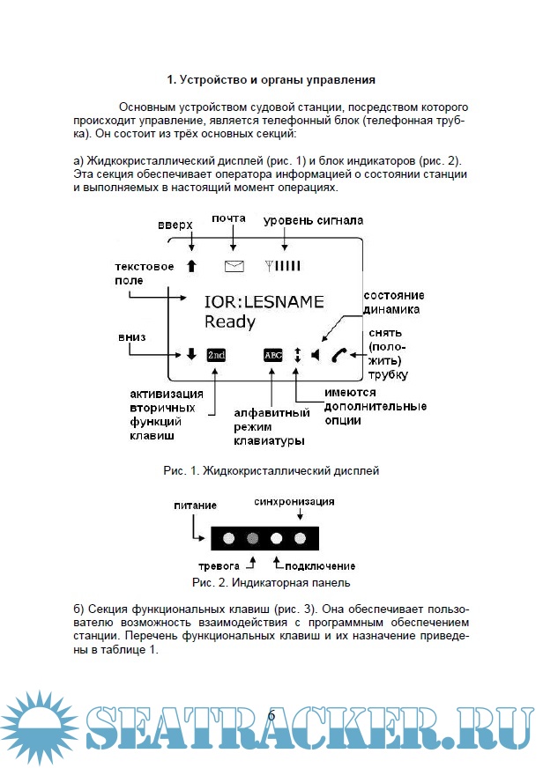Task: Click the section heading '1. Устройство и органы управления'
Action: tap(271, 80)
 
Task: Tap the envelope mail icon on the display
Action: tap(234, 264)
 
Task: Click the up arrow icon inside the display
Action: tap(191, 264)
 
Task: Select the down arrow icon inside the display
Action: tap(191, 355)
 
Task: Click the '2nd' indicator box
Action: tap(216, 355)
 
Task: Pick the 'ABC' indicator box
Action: tap(272, 355)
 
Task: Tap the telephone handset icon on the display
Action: tap(338, 355)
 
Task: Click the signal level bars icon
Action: tap(284, 264)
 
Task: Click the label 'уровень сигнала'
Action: tap(314, 219)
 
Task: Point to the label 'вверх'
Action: tap(175, 225)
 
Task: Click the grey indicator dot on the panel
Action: tap(252, 537)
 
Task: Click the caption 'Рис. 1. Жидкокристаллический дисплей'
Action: tap(271, 471)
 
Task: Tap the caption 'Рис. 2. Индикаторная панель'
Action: tap(271, 582)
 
